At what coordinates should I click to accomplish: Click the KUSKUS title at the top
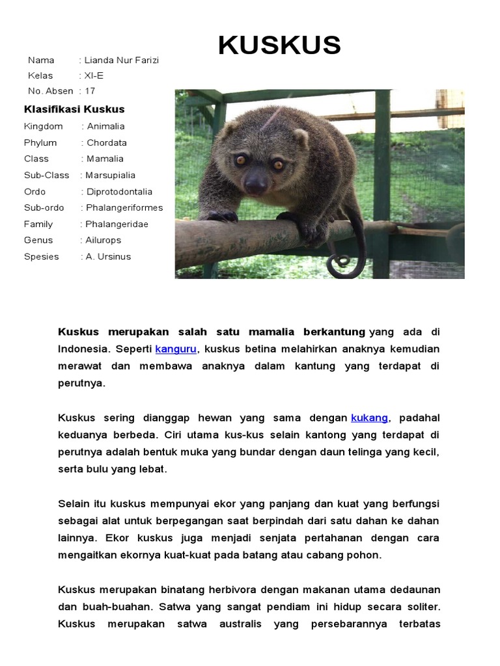(x=279, y=46)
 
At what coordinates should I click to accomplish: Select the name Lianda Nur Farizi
(x=122, y=60)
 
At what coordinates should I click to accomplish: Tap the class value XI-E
(x=94, y=75)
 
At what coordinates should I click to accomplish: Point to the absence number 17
(x=90, y=91)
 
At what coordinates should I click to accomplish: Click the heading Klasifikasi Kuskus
(x=74, y=109)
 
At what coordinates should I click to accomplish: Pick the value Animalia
(x=105, y=126)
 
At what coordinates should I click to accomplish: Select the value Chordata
(x=107, y=142)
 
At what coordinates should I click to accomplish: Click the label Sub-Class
(x=47, y=175)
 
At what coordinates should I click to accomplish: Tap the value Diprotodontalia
(x=119, y=192)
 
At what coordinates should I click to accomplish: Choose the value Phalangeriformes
(x=124, y=207)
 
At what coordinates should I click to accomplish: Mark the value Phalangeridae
(x=117, y=224)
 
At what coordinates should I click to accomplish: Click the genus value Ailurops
(x=104, y=240)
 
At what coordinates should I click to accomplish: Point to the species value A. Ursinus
(x=108, y=256)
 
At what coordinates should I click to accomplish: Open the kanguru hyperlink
(x=176, y=349)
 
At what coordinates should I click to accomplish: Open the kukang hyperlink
(x=369, y=418)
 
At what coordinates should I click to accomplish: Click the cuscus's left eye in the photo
(x=240, y=159)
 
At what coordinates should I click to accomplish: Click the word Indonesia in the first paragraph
(x=83, y=349)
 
